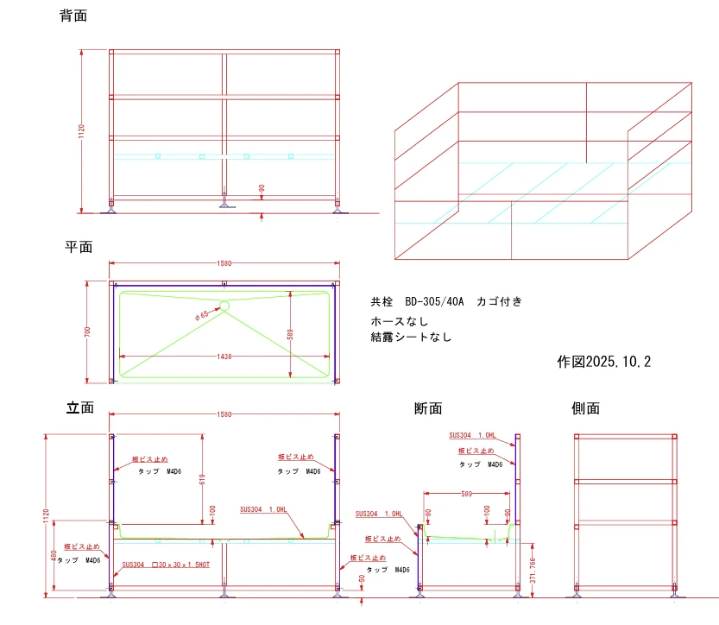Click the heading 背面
[73, 16]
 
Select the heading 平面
[79, 247]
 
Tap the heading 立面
[80, 407]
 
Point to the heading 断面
[428, 408]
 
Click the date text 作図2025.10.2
[604, 362]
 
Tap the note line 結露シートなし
[412, 337]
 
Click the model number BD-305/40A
[435, 301]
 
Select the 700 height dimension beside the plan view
[86, 331]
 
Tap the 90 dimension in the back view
[262, 189]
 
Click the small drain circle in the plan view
[224, 305]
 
